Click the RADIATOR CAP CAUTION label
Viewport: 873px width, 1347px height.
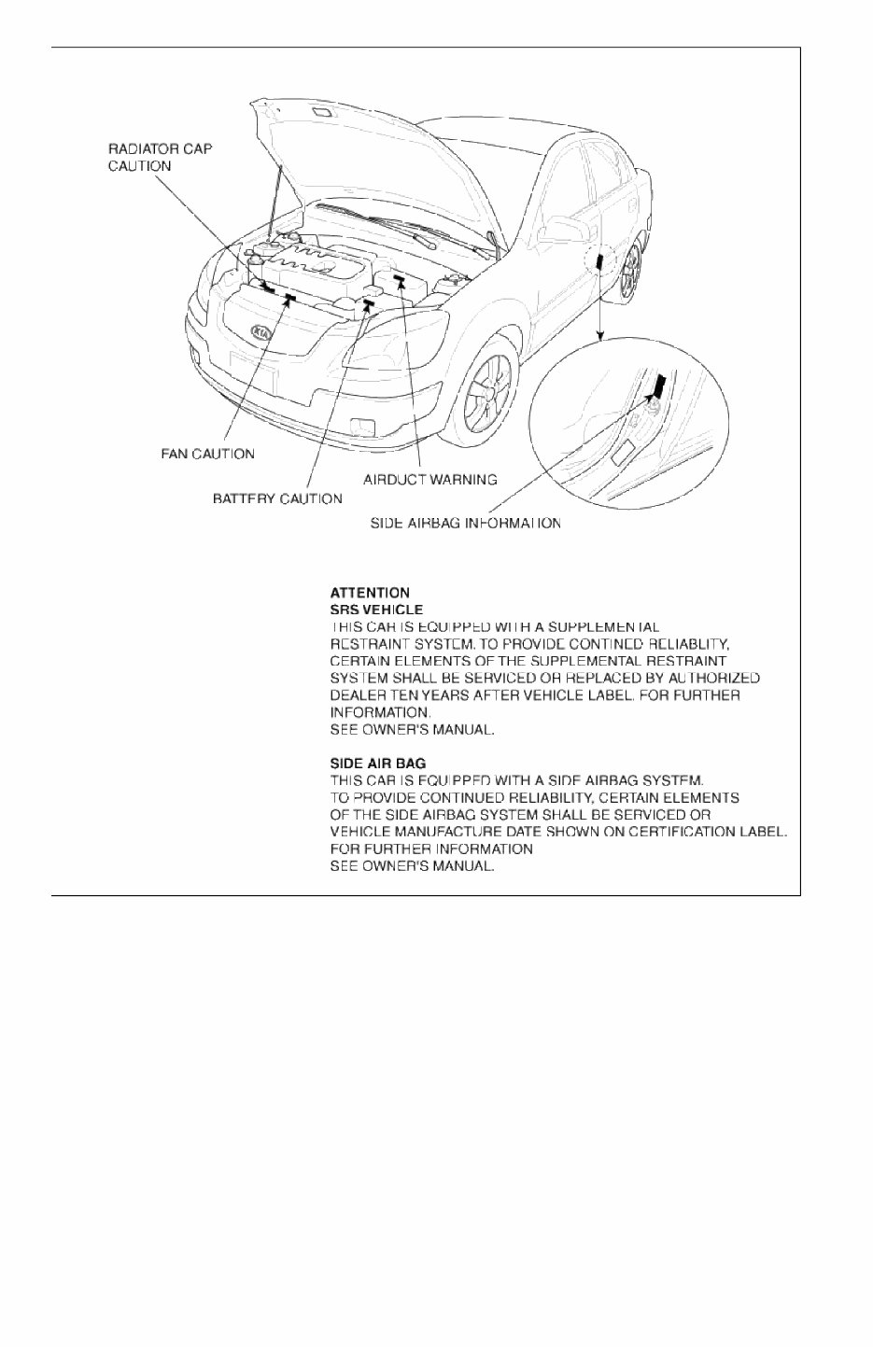tap(160, 157)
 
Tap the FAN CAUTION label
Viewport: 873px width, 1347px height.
tap(207, 454)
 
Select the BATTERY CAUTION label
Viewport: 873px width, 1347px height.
tap(277, 498)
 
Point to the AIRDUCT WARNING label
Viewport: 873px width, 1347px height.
tap(429, 479)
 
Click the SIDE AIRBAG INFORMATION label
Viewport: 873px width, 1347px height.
tap(466, 523)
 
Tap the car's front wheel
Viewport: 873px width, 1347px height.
tap(487, 386)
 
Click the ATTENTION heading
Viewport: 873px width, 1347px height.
tap(370, 592)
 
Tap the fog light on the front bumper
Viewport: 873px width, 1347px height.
tap(359, 428)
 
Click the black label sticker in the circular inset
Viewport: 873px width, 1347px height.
tap(660, 385)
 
